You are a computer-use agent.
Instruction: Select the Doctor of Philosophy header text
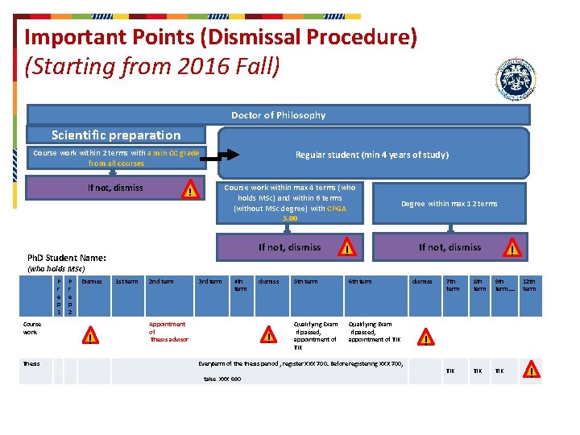pos(278,115)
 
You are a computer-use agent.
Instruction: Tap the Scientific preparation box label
pos(116,135)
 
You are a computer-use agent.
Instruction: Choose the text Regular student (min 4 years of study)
pos(371,155)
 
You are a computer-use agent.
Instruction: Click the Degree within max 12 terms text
pos(449,204)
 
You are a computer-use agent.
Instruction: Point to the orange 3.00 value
pos(290,218)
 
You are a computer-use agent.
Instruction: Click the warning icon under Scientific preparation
pos(189,191)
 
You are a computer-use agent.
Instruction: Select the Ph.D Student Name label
pos(67,258)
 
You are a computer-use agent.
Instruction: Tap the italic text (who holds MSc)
pos(56,268)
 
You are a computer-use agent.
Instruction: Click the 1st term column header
pos(126,281)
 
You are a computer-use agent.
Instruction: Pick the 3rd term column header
pos(209,281)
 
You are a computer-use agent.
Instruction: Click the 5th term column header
pos(305,281)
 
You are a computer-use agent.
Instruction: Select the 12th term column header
pos(529,285)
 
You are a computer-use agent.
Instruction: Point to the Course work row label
pos(31,328)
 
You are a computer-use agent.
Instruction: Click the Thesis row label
pos(31,363)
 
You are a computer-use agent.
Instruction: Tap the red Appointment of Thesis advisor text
pos(168,332)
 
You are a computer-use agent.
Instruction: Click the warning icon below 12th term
pos(532,371)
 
